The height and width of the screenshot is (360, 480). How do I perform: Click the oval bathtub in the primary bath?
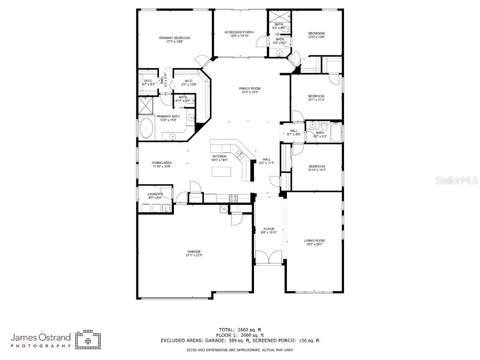pos(147,128)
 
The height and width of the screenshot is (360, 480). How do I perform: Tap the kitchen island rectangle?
pos(222,172)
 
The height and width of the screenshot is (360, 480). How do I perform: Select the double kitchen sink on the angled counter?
pos(240,153)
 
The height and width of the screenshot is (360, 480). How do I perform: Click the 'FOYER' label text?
pos(269,229)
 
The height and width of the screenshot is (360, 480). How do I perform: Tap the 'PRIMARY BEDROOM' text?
pos(174,38)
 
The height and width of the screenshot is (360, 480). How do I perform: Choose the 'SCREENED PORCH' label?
pos(239,32)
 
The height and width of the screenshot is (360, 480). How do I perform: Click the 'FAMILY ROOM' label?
pos(250,89)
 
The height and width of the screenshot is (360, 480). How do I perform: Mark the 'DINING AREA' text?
pos(161,163)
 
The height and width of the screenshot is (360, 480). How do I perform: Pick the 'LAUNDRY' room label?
pos(155,194)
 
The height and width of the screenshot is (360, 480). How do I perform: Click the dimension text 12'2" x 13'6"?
pos(316,37)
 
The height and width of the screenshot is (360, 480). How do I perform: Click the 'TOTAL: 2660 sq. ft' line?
pos(240,330)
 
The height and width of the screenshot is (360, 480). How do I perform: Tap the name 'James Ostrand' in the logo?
pos(41,337)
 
